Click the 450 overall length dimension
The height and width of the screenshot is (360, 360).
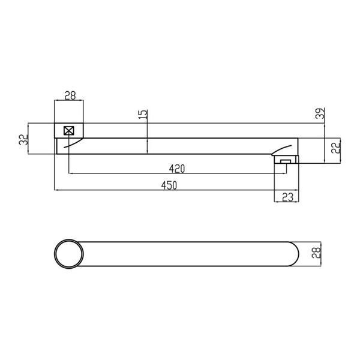click(x=169, y=185)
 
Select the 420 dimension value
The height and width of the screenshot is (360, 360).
click(x=177, y=169)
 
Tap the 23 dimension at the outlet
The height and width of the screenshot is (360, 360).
click(x=287, y=197)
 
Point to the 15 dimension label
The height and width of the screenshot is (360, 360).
click(x=143, y=114)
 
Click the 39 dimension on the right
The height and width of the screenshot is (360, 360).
click(x=320, y=113)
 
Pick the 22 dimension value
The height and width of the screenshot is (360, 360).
click(x=335, y=148)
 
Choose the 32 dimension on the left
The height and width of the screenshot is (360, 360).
click(x=23, y=140)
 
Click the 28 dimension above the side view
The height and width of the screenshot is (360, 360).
click(x=70, y=96)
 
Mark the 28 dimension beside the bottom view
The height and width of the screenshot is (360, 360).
click(x=316, y=253)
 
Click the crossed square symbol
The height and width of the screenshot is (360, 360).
click(x=68, y=131)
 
